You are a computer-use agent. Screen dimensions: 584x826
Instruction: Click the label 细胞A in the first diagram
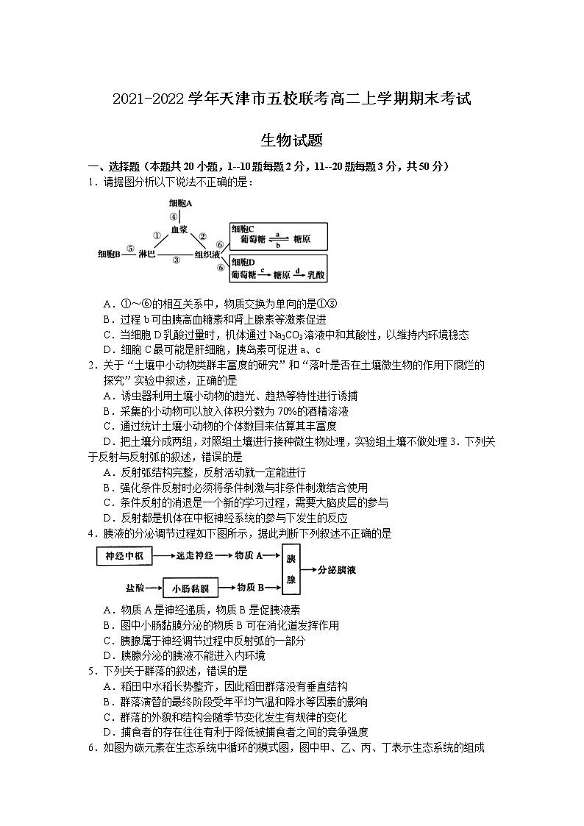pos(180,203)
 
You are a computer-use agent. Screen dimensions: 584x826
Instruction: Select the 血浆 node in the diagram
pos(180,229)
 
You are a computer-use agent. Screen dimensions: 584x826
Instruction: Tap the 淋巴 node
pos(147,254)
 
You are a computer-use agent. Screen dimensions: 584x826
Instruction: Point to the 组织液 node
pos(207,254)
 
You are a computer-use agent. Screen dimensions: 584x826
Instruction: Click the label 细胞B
pos(109,254)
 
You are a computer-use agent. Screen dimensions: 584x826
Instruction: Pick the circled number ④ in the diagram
pos(174,217)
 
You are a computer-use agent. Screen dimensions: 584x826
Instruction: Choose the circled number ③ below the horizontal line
pos(176,260)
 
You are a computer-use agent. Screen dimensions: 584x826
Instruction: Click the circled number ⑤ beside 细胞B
pos(130,249)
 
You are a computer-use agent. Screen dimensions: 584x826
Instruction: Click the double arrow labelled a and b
pos(278,239)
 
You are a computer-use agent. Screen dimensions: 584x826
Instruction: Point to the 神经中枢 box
pos(124,556)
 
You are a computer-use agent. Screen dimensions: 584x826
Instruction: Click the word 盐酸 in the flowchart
pos(135,588)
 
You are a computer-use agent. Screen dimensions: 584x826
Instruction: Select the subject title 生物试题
pos(291,140)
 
